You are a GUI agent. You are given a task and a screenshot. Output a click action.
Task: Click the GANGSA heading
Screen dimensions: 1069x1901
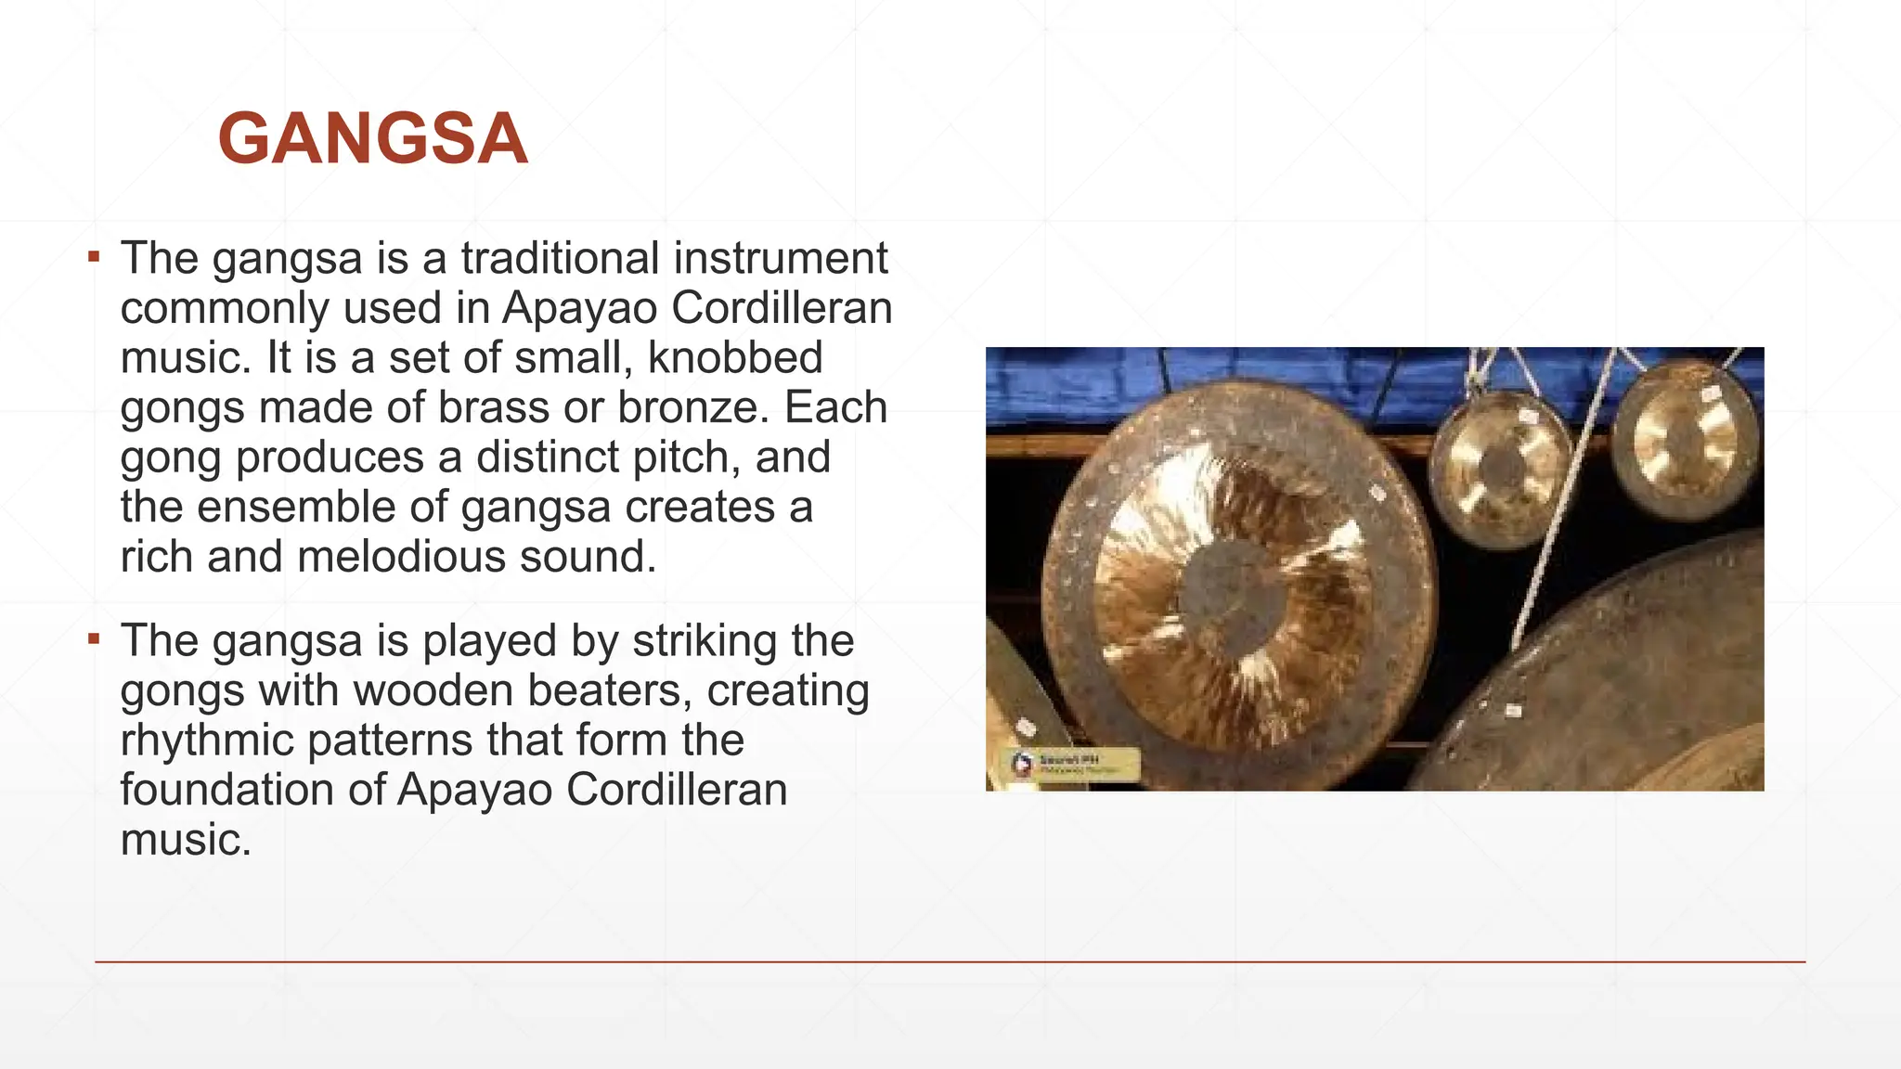[372, 139]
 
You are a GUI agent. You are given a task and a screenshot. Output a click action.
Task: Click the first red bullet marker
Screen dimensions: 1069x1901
[94, 256]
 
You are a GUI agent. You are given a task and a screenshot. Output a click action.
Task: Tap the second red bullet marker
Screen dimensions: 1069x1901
[94, 638]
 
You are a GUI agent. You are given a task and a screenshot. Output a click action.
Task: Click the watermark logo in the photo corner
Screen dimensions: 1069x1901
[1022, 764]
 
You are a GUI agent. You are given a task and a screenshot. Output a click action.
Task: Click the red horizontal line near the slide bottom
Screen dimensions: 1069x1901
[950, 962]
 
